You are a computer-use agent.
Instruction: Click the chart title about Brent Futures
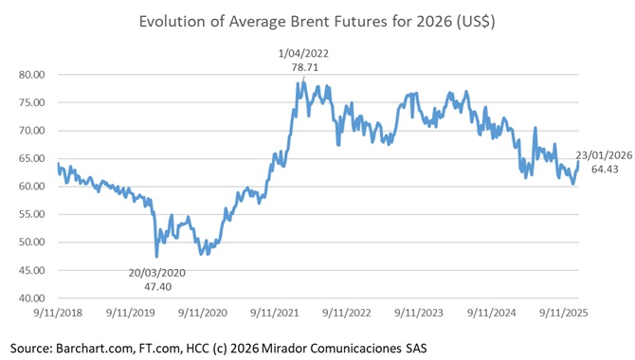point(317,20)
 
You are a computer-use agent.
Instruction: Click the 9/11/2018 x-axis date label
point(58,312)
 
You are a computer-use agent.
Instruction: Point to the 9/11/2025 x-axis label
point(563,312)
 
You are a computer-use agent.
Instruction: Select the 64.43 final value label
point(605,169)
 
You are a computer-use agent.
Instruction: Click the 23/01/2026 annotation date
point(605,154)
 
